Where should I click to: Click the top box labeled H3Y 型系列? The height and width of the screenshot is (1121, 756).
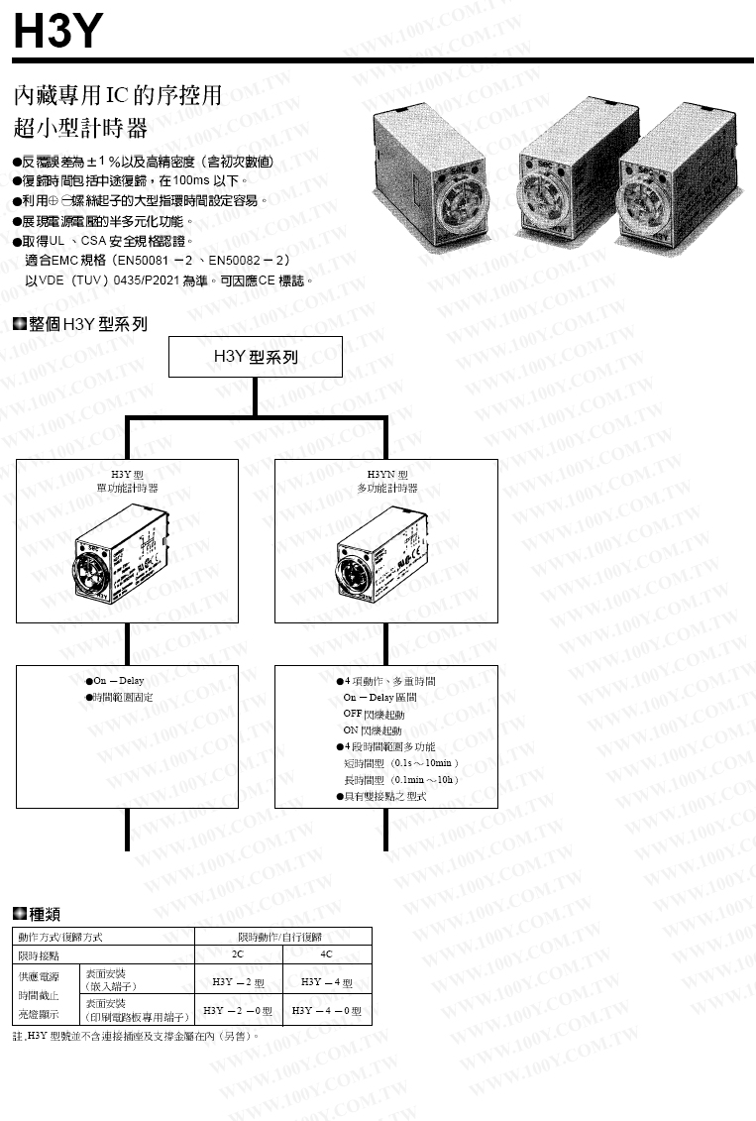pos(256,356)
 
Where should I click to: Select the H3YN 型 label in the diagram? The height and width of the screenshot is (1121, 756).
pos(386,474)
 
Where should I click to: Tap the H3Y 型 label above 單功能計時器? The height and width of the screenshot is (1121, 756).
pos(126,474)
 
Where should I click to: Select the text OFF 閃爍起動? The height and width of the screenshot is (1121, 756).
pos(374,713)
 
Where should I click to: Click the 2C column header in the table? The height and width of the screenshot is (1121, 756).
pos(238,954)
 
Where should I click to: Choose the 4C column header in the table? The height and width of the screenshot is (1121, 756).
pos(327,954)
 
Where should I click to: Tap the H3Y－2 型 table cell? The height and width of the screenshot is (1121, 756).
pos(238,981)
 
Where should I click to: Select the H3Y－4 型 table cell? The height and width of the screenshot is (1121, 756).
pos(327,981)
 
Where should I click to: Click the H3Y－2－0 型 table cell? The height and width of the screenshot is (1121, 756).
pos(238,1010)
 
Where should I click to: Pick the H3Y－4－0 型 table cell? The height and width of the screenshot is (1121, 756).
pos(327,1010)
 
